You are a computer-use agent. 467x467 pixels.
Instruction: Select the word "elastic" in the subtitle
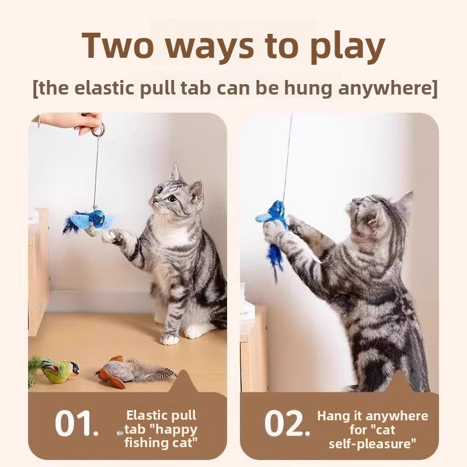[121, 89]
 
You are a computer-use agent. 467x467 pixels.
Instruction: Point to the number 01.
[76, 424]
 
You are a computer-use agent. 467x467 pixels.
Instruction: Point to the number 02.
[287, 424]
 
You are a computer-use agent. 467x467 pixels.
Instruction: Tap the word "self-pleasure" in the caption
[372, 444]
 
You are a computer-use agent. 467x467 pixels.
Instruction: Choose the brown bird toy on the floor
[120, 371]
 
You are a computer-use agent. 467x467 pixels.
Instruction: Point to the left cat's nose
[155, 202]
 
